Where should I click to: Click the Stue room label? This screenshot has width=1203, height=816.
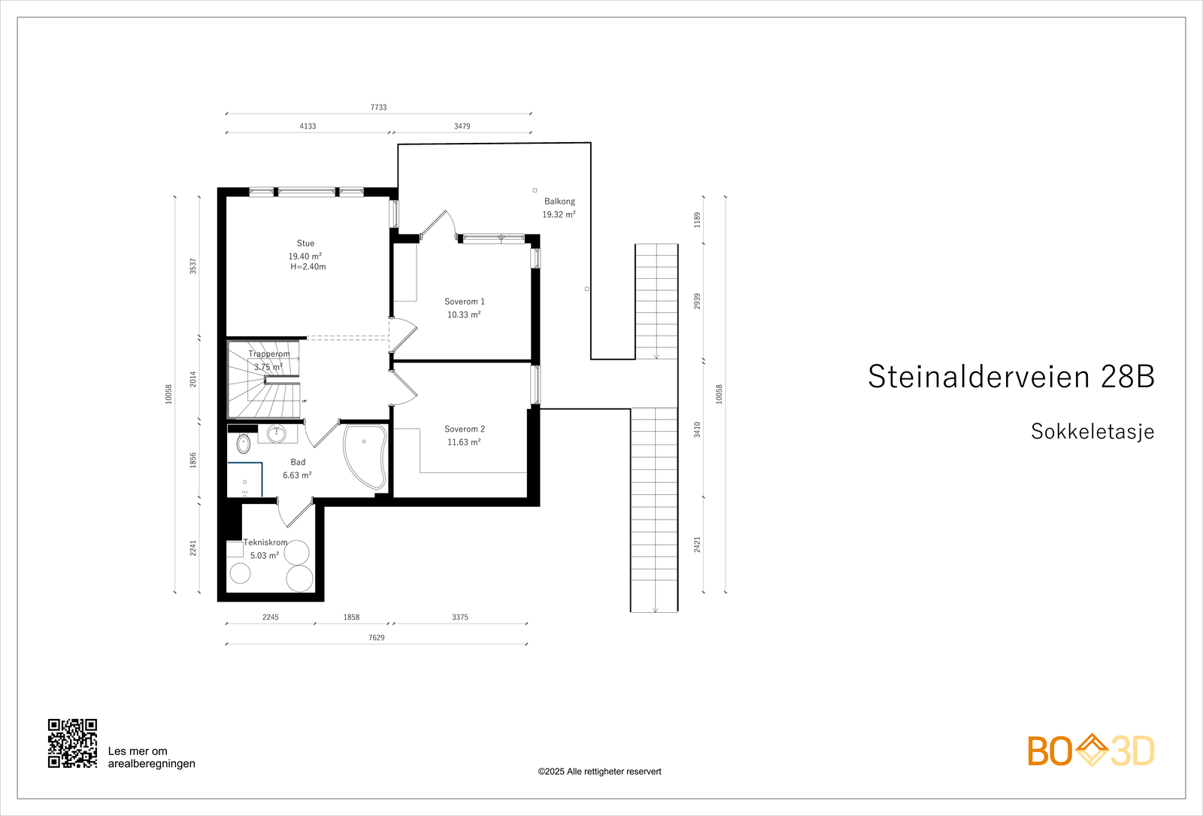305,243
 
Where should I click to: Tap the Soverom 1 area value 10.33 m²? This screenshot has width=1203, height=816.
464,315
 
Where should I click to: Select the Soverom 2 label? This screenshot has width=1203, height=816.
464,429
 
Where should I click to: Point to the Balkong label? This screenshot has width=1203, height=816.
559,202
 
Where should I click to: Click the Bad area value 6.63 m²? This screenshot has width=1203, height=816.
297,475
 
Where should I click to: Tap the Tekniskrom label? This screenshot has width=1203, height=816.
265,542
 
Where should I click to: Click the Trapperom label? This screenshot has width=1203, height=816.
268,354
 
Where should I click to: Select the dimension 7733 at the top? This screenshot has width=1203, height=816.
378,108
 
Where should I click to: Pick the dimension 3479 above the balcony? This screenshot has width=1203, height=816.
462,126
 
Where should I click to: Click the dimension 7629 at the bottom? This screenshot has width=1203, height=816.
376,638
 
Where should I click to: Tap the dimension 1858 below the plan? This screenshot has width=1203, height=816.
351,617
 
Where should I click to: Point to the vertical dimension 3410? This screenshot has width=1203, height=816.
697,429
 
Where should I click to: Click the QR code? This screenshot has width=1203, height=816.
73,743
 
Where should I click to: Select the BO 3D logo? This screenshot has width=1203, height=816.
1091,751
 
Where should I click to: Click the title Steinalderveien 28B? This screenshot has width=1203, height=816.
1011,377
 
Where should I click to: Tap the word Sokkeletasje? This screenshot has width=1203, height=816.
1092,432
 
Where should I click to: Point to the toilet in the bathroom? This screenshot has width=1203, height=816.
243,444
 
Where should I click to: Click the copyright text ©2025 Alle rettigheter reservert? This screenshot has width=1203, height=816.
599,772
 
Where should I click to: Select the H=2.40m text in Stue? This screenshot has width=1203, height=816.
308,267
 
